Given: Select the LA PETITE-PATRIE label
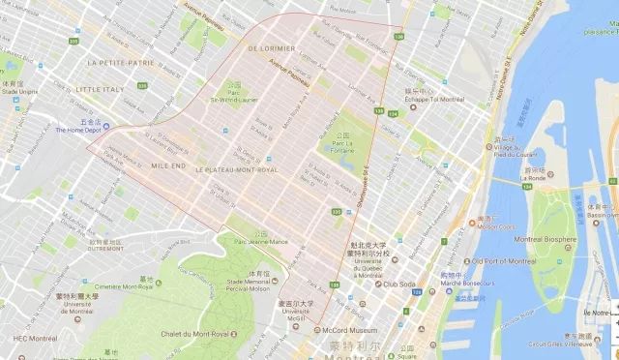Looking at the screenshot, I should (x=120, y=61).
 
